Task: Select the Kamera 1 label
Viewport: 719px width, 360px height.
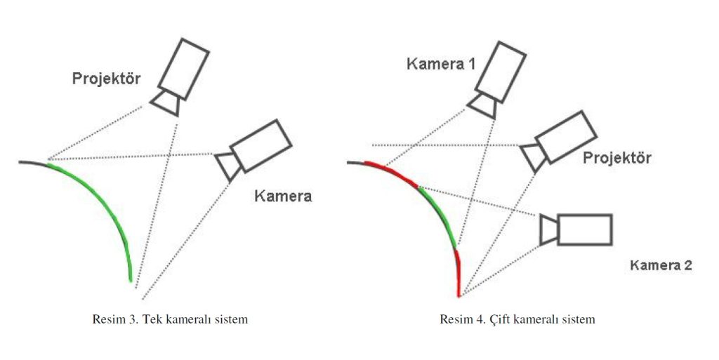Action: [x=441, y=65]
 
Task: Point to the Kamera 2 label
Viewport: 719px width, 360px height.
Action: [x=661, y=265]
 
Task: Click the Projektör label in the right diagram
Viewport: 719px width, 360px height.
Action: [x=617, y=158]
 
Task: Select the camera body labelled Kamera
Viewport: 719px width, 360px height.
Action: [x=260, y=145]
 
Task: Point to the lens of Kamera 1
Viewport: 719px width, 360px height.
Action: [x=483, y=105]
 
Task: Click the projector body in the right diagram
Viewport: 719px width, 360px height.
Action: [x=565, y=138]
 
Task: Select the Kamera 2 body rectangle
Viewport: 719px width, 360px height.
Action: [x=584, y=229]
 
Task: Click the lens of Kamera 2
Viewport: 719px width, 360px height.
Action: [x=549, y=231]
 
